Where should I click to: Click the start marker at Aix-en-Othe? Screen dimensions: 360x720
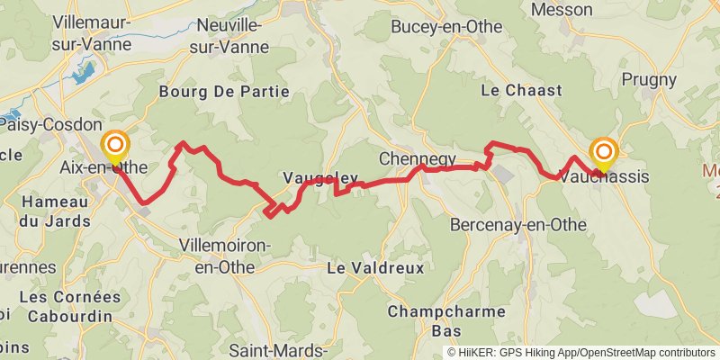(115, 147)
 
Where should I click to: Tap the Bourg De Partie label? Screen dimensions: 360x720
(224, 91)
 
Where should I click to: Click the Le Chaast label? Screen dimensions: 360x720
(521, 90)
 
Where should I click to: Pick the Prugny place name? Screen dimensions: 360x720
(649, 79)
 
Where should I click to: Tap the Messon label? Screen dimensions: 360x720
(562, 10)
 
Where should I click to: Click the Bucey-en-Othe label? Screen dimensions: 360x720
(446, 28)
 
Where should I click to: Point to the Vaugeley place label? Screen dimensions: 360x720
(320, 177)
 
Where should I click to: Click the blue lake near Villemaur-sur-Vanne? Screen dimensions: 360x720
(82, 72)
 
